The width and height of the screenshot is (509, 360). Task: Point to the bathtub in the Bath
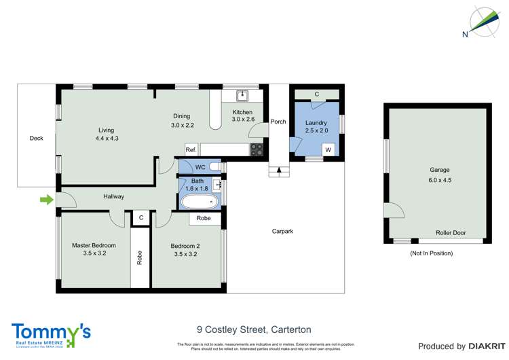point(200,201)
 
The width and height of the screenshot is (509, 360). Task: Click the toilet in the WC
point(214,166)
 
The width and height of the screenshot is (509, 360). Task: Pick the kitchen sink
point(242,96)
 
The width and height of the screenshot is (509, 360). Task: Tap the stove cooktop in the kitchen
point(257,150)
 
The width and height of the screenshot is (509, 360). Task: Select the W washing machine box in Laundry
point(328,149)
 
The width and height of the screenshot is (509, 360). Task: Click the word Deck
point(36,139)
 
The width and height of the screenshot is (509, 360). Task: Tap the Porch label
point(278,122)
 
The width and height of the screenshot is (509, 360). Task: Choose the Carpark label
point(282,232)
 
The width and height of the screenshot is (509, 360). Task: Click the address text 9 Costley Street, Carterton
point(254,329)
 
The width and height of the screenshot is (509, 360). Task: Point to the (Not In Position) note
point(431,253)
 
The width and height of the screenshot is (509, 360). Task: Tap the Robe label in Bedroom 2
point(204,219)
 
